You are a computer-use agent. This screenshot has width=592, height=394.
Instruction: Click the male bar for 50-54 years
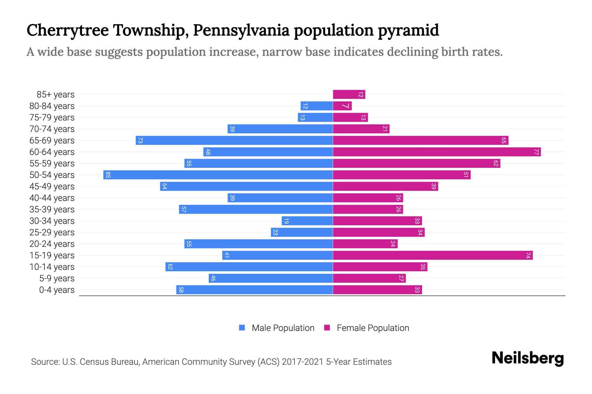218,175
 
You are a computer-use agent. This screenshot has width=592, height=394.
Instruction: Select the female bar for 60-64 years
437,152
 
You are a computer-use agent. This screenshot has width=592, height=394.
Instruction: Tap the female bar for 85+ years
349,95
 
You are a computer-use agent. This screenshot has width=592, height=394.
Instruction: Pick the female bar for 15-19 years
432,255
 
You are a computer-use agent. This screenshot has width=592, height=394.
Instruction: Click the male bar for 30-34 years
307,221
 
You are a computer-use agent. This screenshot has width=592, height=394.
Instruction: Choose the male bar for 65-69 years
234,140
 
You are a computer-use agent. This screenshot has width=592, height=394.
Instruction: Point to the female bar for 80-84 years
342,106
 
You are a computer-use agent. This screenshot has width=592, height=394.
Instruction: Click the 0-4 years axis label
57,290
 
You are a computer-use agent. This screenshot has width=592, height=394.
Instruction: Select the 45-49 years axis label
52,186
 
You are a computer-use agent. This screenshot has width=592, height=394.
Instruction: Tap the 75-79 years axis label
52,118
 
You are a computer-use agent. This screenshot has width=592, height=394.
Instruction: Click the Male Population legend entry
277,328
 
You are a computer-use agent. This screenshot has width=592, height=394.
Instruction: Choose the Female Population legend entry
367,328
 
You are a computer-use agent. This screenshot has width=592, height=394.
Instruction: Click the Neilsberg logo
528,358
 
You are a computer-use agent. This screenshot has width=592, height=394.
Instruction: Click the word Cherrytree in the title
68,30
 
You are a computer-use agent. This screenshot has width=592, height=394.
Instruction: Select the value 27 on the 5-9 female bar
401,278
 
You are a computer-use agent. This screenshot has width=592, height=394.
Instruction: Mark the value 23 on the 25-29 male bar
276,232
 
